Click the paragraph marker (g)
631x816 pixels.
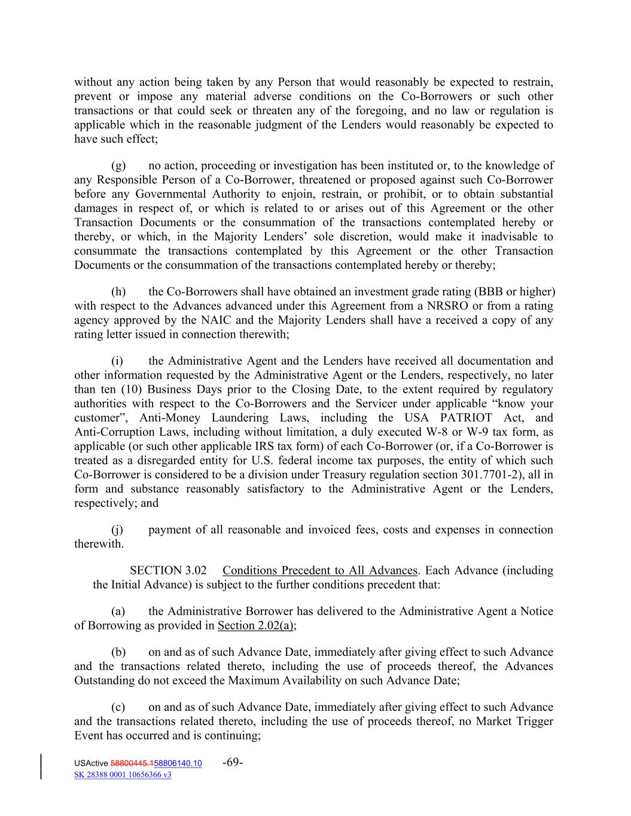click(x=118, y=166)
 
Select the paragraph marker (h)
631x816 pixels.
click(x=118, y=292)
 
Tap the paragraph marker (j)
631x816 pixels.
click(x=117, y=530)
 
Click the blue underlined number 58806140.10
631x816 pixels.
click(x=178, y=763)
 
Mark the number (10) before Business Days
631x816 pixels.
click(x=131, y=390)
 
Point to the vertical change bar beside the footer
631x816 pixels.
click(x=41, y=768)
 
